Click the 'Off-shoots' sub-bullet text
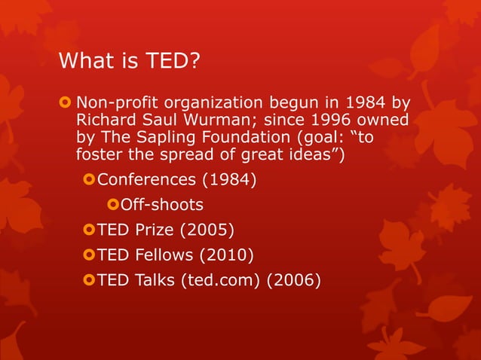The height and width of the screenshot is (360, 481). click(x=162, y=204)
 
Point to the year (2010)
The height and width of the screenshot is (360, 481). click(x=225, y=255)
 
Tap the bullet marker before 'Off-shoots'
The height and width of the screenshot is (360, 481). click(x=114, y=204)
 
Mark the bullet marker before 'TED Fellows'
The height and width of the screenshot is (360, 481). click(x=89, y=255)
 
